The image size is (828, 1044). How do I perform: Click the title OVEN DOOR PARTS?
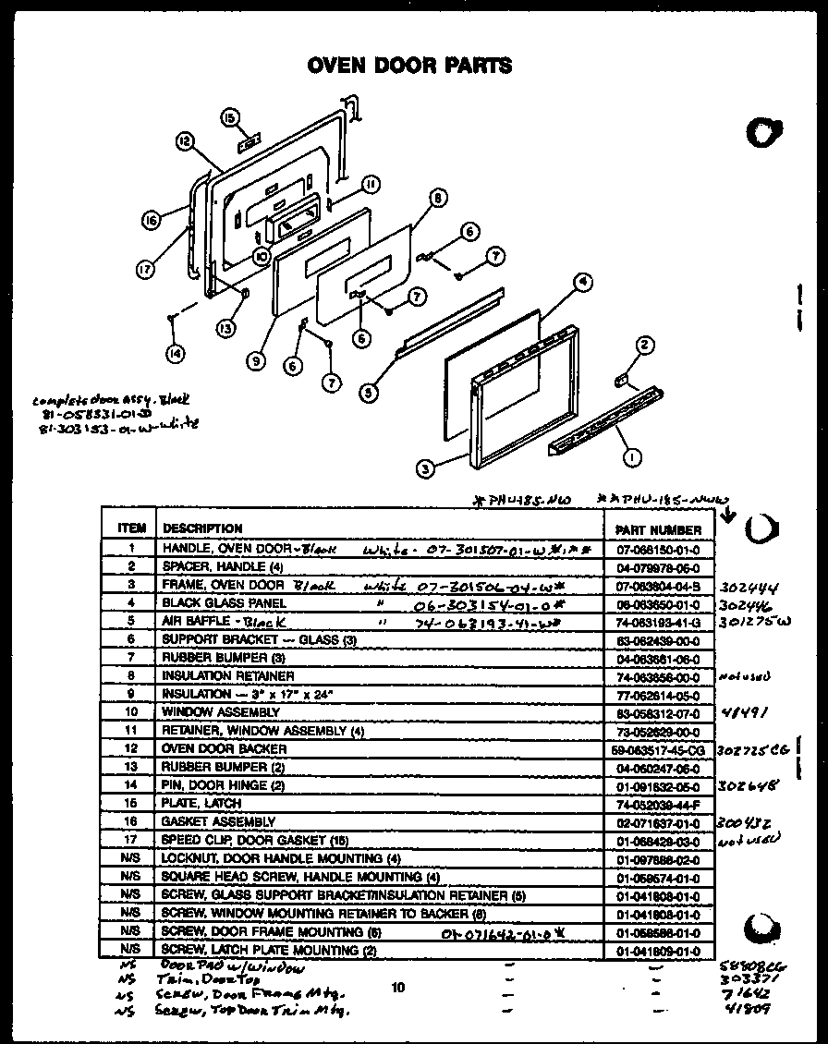tap(408, 66)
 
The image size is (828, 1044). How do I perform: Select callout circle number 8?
tap(438, 196)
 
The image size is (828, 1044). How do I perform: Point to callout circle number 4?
tap(582, 283)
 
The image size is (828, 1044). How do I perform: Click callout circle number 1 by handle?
tap(632, 454)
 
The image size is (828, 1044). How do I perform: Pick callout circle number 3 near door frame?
tap(424, 468)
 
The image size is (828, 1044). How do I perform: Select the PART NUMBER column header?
tap(657, 530)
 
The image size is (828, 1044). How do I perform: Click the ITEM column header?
tap(131, 528)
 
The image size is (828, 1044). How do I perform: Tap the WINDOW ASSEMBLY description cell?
tap(221, 712)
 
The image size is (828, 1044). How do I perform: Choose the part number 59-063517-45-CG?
tap(657, 749)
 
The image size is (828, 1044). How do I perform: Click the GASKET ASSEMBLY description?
tap(219, 821)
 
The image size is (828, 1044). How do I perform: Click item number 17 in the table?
tap(131, 840)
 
